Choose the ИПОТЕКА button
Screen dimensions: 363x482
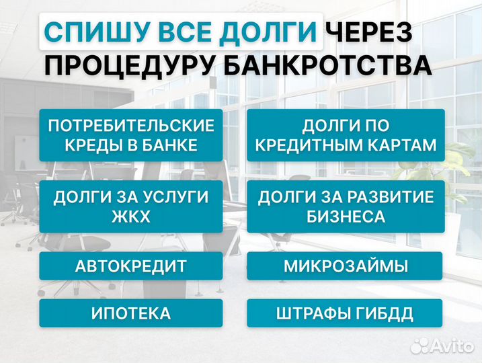(131, 313)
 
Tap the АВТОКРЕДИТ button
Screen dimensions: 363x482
(131, 266)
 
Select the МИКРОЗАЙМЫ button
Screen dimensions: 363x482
(346, 266)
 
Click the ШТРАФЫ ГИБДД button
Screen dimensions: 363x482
(346, 313)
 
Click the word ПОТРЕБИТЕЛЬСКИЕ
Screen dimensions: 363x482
(131, 126)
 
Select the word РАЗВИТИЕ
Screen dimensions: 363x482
(392, 197)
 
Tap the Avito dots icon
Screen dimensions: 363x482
(421, 345)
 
